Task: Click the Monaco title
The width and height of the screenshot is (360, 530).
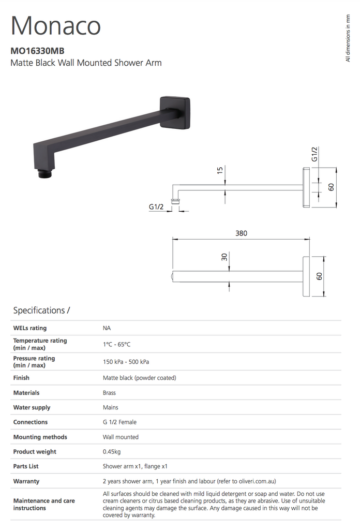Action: point(56,25)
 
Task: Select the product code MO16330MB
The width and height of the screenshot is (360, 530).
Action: point(38,51)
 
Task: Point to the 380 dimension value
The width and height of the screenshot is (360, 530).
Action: point(241,233)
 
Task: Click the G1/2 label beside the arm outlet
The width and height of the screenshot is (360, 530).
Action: point(156,207)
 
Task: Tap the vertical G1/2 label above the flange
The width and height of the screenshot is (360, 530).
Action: point(314,154)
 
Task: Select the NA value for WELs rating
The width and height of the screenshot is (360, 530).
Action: point(107,328)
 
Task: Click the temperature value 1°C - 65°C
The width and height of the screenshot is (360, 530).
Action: point(117,344)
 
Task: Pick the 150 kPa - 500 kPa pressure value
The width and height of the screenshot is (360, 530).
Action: point(126,362)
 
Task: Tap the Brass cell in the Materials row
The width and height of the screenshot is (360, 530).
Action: point(109,393)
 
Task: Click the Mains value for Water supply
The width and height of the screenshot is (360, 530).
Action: point(111,407)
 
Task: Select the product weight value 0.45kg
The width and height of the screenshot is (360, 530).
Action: point(112,452)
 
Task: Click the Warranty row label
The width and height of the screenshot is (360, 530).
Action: point(26,481)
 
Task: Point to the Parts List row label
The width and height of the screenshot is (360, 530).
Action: point(26,466)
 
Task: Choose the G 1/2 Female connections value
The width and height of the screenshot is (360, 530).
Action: point(119,422)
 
